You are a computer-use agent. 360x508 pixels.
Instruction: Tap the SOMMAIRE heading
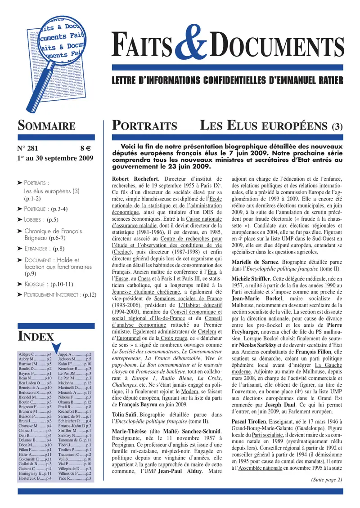tap(46, 125)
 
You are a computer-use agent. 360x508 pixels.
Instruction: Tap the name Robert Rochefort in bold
tap(135, 179)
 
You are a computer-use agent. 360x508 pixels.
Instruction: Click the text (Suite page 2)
tap(326, 479)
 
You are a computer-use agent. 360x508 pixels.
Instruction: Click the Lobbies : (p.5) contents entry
tap(41, 220)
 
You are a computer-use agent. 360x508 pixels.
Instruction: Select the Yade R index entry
tap(75, 478)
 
